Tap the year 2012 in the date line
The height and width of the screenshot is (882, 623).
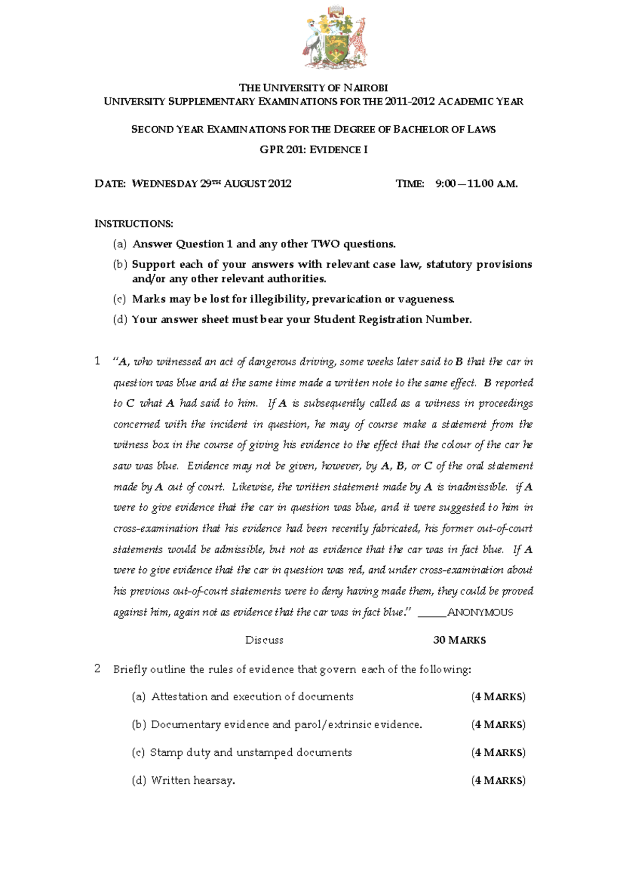tap(280, 183)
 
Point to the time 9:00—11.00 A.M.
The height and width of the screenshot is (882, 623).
tap(476, 183)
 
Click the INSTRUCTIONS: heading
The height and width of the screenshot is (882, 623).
tap(133, 224)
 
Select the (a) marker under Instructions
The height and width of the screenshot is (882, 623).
tap(119, 244)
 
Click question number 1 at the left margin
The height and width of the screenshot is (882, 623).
tap(97, 361)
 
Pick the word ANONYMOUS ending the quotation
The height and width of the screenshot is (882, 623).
tap(480, 612)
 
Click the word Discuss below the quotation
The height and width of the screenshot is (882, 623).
tap(264, 640)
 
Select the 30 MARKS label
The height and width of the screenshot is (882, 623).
tap(459, 640)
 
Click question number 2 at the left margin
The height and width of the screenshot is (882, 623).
tap(97, 669)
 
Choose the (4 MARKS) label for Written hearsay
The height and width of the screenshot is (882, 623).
tap(498, 781)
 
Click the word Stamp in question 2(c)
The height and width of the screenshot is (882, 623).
tap(166, 753)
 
